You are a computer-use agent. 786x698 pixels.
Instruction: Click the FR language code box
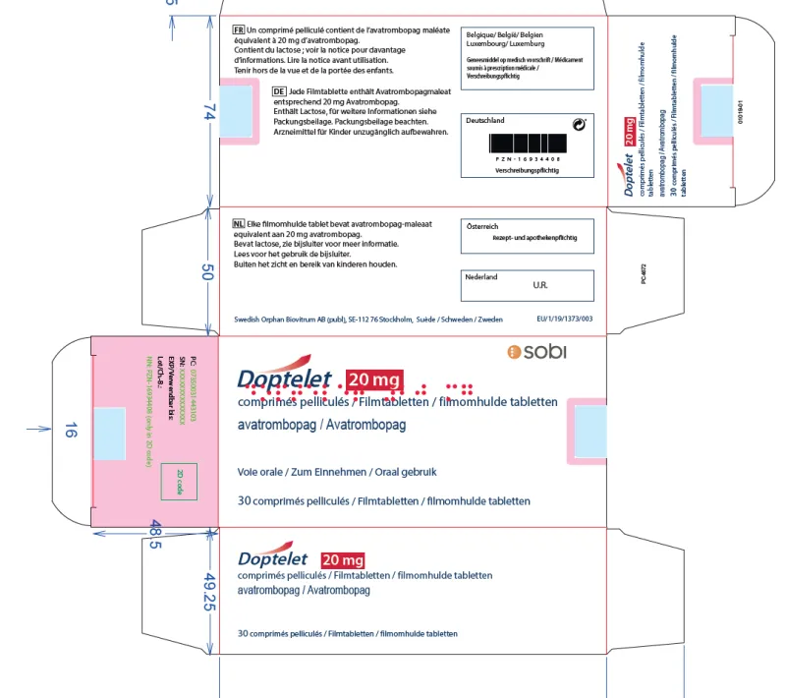[238, 30]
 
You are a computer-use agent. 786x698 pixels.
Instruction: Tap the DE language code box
[280, 90]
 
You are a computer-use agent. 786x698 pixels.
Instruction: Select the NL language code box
[239, 225]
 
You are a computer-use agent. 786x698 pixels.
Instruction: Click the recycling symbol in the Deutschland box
[578, 124]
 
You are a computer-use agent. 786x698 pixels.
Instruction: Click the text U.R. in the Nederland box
[539, 286]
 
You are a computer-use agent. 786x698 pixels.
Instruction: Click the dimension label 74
[208, 114]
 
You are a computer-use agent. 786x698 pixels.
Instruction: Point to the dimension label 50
[208, 273]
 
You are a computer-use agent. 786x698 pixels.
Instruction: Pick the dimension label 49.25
[208, 593]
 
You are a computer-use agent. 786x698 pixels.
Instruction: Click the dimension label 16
[70, 430]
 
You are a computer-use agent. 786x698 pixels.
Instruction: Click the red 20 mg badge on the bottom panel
[343, 561]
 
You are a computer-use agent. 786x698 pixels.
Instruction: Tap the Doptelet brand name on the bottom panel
[273, 557]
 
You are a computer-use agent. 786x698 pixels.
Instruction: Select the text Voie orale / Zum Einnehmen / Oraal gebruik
[344, 472]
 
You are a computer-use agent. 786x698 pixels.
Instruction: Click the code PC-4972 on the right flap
[642, 267]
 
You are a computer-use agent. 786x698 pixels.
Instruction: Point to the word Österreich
[481, 226]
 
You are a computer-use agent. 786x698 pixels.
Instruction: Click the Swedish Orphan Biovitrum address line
[368, 319]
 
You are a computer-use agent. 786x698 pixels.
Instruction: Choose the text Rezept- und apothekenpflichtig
[534, 238]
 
